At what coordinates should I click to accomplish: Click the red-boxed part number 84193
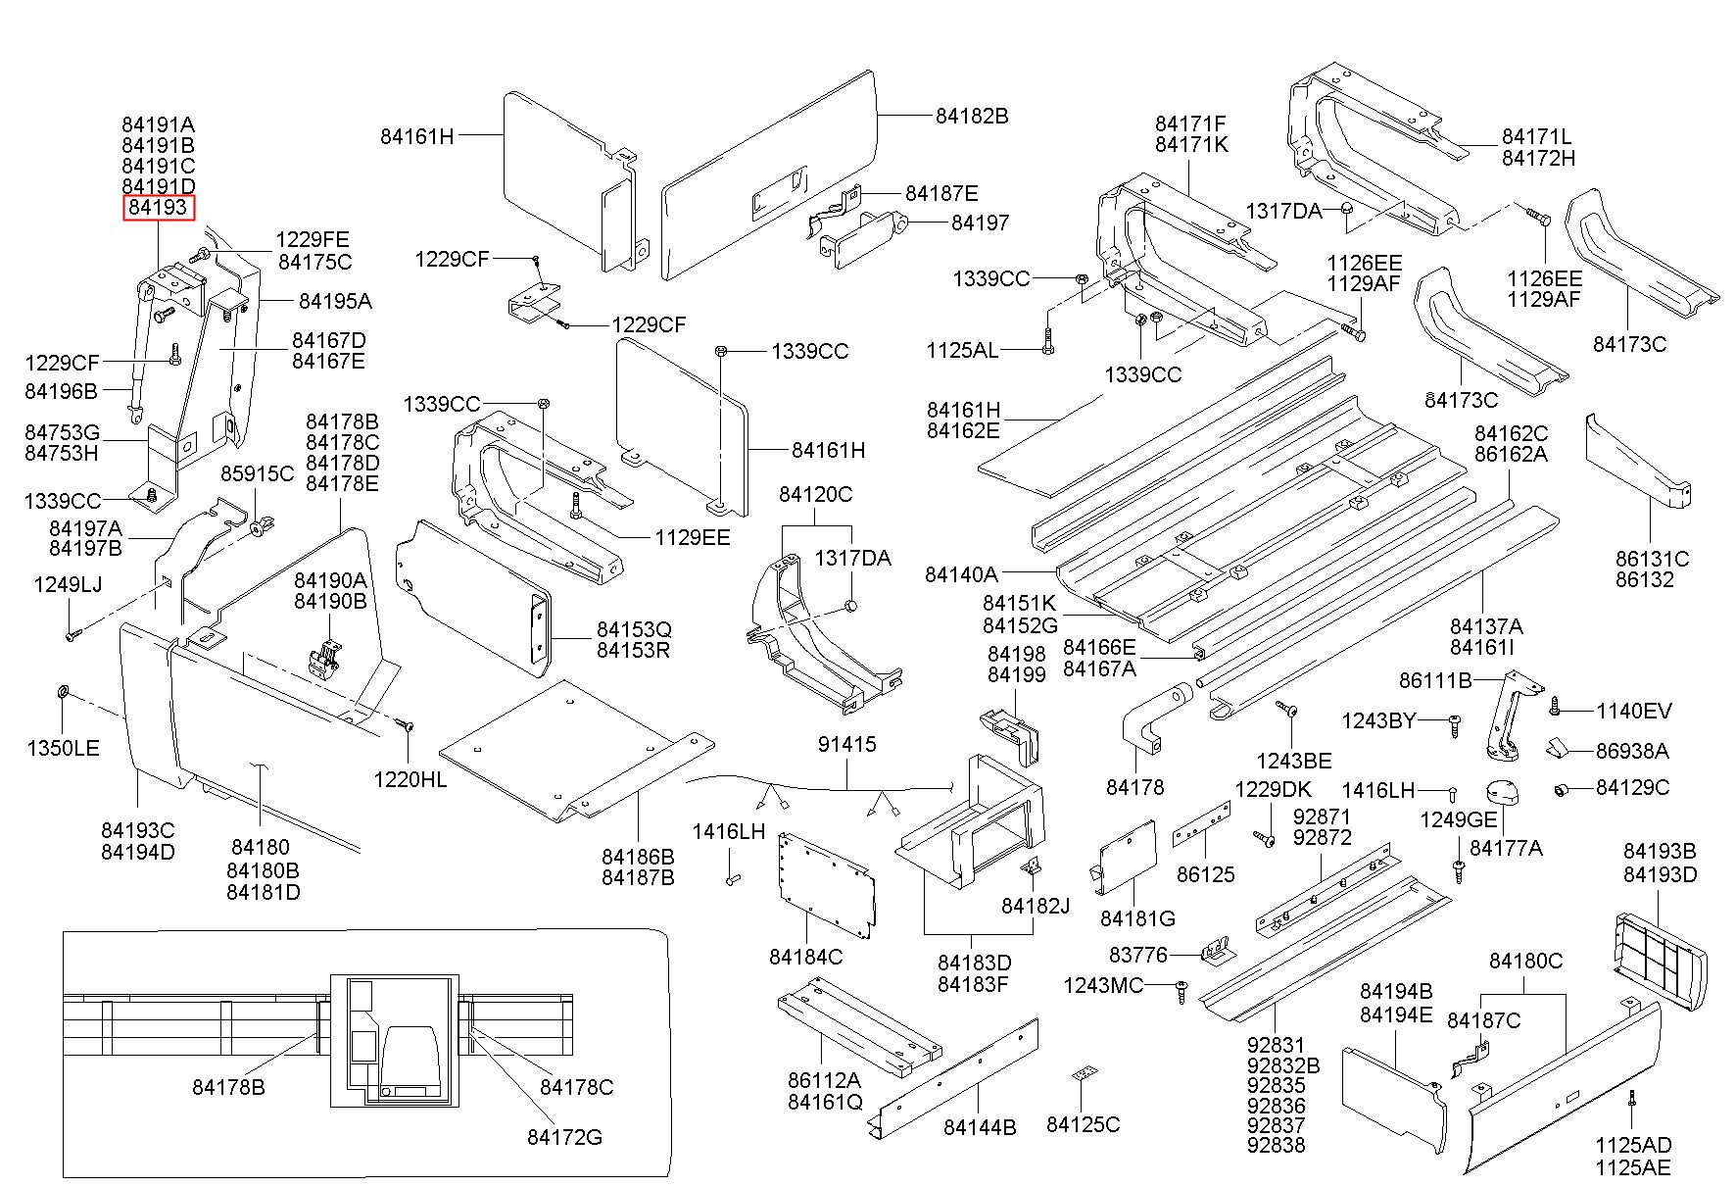(x=158, y=208)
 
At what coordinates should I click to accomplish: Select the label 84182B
(x=971, y=116)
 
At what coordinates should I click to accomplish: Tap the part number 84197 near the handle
(x=980, y=223)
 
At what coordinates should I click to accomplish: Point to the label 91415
(x=847, y=745)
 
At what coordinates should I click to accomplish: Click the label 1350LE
(x=63, y=749)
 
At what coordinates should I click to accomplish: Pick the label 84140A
(x=961, y=574)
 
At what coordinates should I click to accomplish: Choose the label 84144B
(x=980, y=1127)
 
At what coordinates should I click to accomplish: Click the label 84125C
(x=1083, y=1124)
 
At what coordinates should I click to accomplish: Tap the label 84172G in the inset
(x=564, y=1137)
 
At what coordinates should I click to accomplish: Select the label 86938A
(x=1632, y=752)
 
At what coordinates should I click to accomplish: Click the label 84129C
(x=1632, y=788)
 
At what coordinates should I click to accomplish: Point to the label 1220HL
(x=410, y=779)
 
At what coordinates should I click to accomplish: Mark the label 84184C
(x=805, y=957)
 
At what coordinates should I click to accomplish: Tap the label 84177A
(x=1506, y=848)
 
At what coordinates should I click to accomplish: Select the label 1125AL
(x=962, y=350)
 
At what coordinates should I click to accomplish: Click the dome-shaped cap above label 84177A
(x=1502, y=792)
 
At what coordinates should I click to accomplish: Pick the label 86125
(x=1205, y=874)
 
